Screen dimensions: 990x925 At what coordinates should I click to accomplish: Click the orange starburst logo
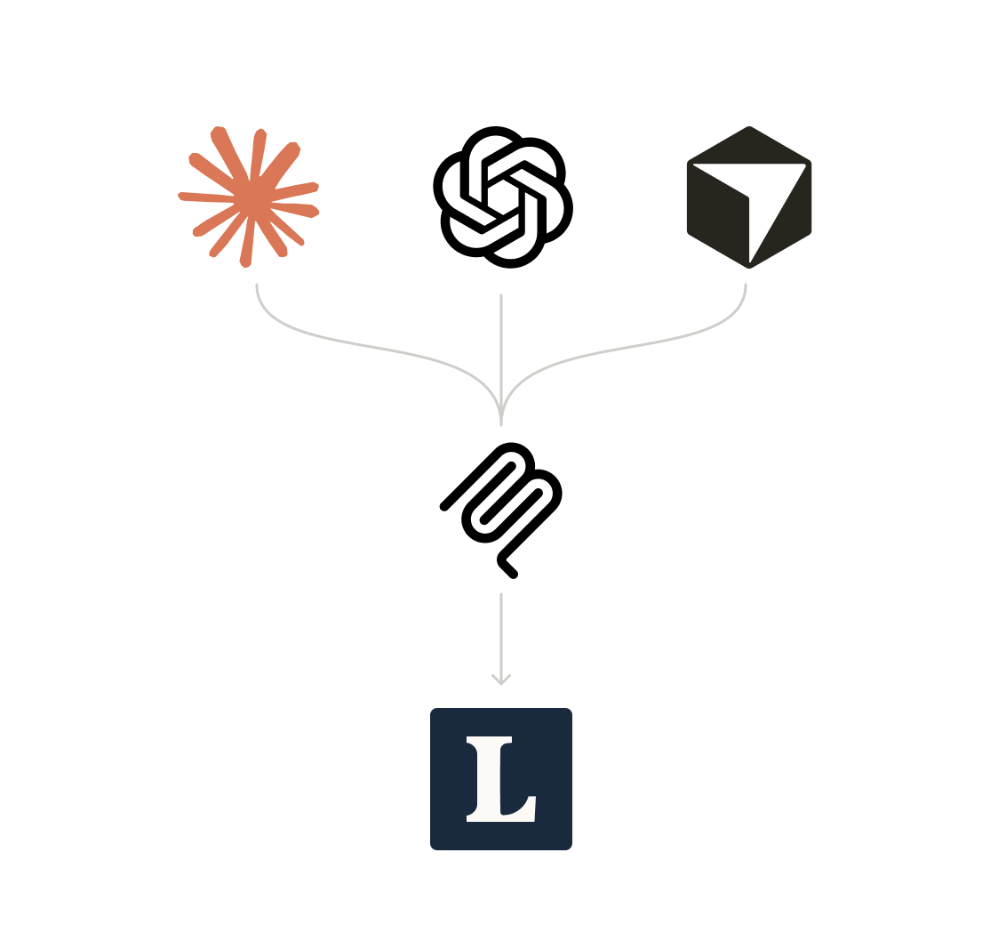pyautogui.click(x=249, y=197)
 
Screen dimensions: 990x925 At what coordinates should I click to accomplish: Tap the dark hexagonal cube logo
pyautogui.click(x=748, y=197)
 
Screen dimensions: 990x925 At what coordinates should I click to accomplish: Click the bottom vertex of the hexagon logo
pyautogui.click(x=749, y=265)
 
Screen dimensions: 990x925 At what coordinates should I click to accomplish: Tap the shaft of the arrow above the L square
pyautogui.click(x=501, y=631)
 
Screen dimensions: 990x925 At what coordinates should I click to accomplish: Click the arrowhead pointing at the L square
pyautogui.click(x=501, y=680)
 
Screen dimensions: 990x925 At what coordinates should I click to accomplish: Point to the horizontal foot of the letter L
pyautogui.click(x=515, y=814)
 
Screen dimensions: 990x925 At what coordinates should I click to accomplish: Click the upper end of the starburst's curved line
pyautogui.click(x=257, y=286)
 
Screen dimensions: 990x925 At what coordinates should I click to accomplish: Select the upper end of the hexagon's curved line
pyautogui.click(x=746, y=286)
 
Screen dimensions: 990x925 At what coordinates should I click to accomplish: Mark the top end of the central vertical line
pyautogui.click(x=501, y=296)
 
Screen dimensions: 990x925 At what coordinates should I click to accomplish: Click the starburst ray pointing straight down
pyautogui.click(x=246, y=249)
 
